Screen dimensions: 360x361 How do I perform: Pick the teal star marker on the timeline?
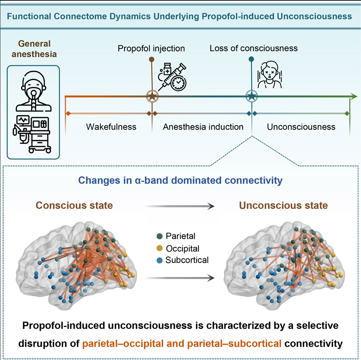click(251, 96)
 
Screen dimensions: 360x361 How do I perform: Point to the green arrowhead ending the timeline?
click(353, 96)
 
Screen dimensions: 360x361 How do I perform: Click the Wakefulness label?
click(111, 127)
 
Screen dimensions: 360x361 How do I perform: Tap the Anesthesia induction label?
click(203, 127)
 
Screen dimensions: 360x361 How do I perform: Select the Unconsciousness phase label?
click(301, 127)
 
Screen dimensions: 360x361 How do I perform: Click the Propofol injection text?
click(151, 48)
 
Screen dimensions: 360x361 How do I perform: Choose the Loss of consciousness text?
click(253, 48)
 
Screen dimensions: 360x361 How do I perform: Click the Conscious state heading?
click(74, 206)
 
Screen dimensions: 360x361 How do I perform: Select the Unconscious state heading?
click(283, 206)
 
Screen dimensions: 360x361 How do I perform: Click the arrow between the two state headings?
click(179, 206)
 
